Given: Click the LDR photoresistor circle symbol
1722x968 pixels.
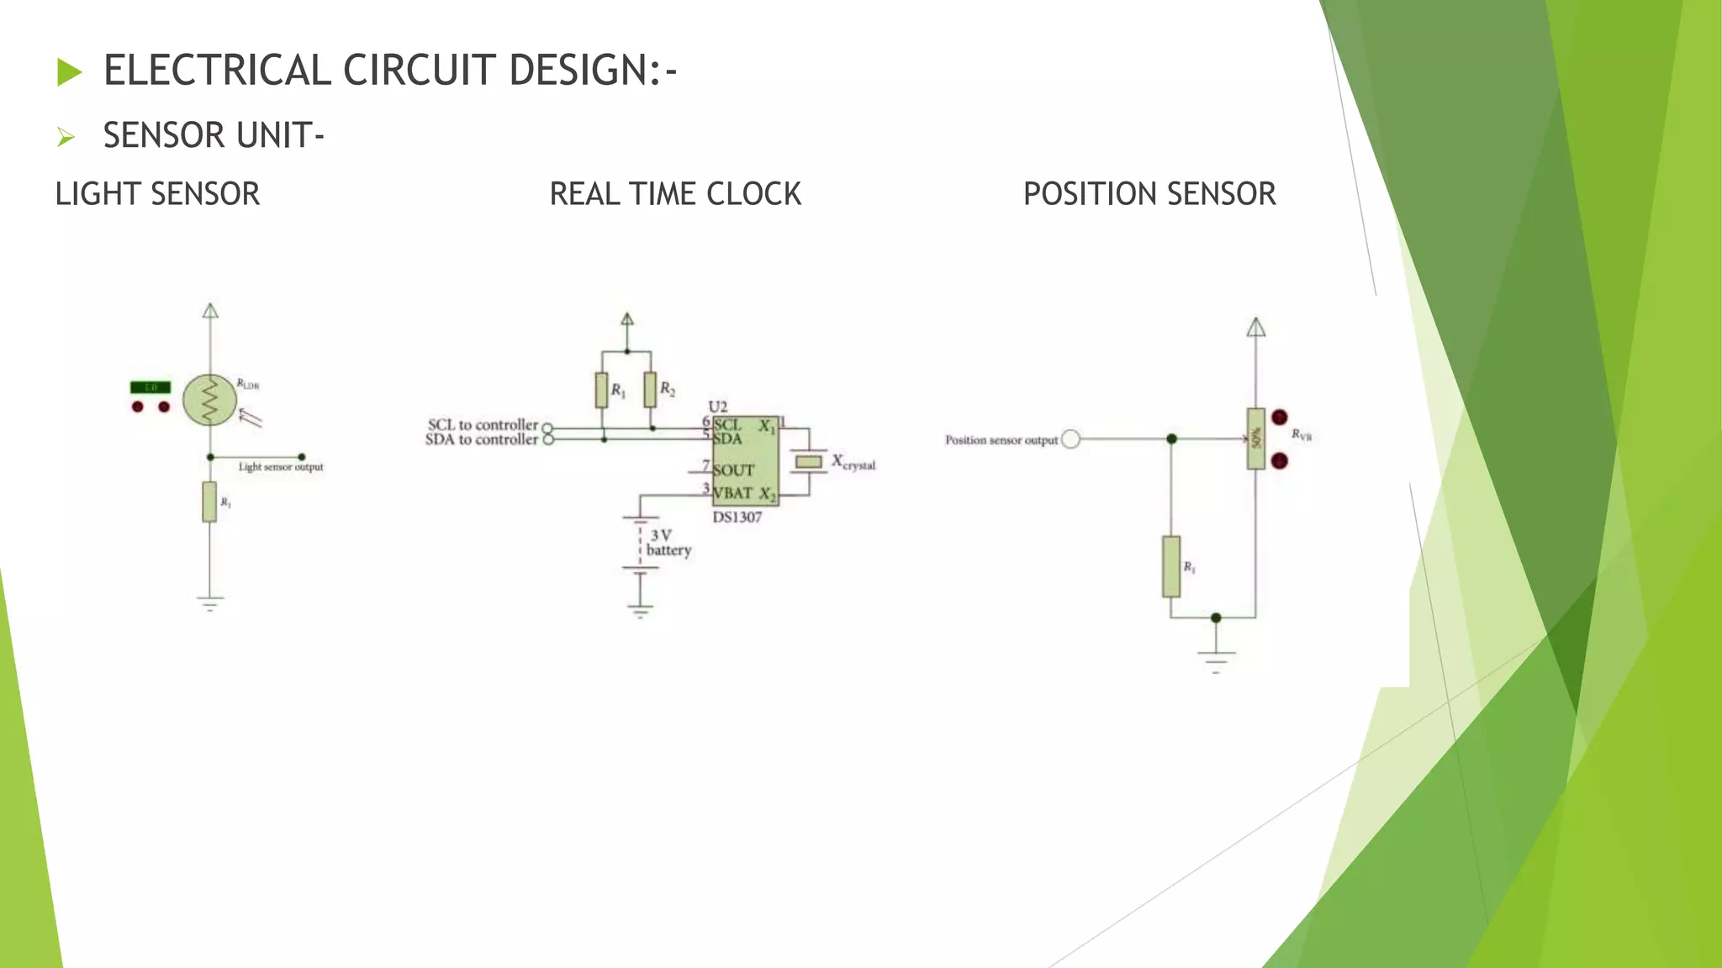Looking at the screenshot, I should point(209,400).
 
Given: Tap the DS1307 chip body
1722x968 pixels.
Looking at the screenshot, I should point(745,460).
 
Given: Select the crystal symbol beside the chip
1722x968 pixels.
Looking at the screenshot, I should point(809,461).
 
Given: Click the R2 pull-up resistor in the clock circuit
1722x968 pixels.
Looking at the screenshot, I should point(650,390).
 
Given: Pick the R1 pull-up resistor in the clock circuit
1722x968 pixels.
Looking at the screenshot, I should point(601,390).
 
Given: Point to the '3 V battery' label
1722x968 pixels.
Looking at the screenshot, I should point(668,543).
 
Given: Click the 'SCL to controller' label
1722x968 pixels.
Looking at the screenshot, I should point(483,425).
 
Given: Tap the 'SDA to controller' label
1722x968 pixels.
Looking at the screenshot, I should point(481,439).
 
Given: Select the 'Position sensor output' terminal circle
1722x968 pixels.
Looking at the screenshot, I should point(1070,439).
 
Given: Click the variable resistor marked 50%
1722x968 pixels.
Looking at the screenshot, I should point(1256,439).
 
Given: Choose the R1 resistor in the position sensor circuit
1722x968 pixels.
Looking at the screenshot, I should point(1171,566).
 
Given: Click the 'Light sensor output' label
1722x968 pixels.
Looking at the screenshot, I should point(281,467).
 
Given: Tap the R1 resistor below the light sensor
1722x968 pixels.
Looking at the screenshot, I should point(209,502).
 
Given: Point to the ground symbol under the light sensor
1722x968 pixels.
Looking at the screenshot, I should point(210,603).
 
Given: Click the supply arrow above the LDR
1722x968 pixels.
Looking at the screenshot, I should point(210,311).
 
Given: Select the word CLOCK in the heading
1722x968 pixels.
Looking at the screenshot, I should point(753,194).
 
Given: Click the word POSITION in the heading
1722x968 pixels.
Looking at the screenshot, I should point(1091,194).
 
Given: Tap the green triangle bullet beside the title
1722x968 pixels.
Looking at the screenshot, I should point(70,72).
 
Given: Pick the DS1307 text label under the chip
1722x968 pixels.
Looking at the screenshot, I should point(737,518).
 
